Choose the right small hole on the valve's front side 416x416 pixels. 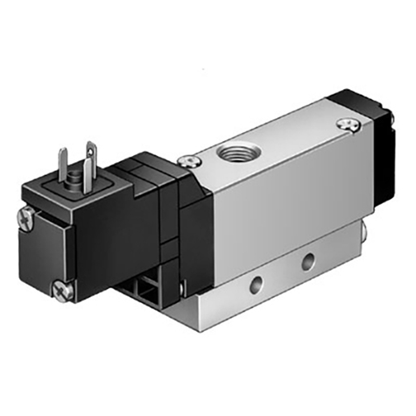(x=307, y=261)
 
